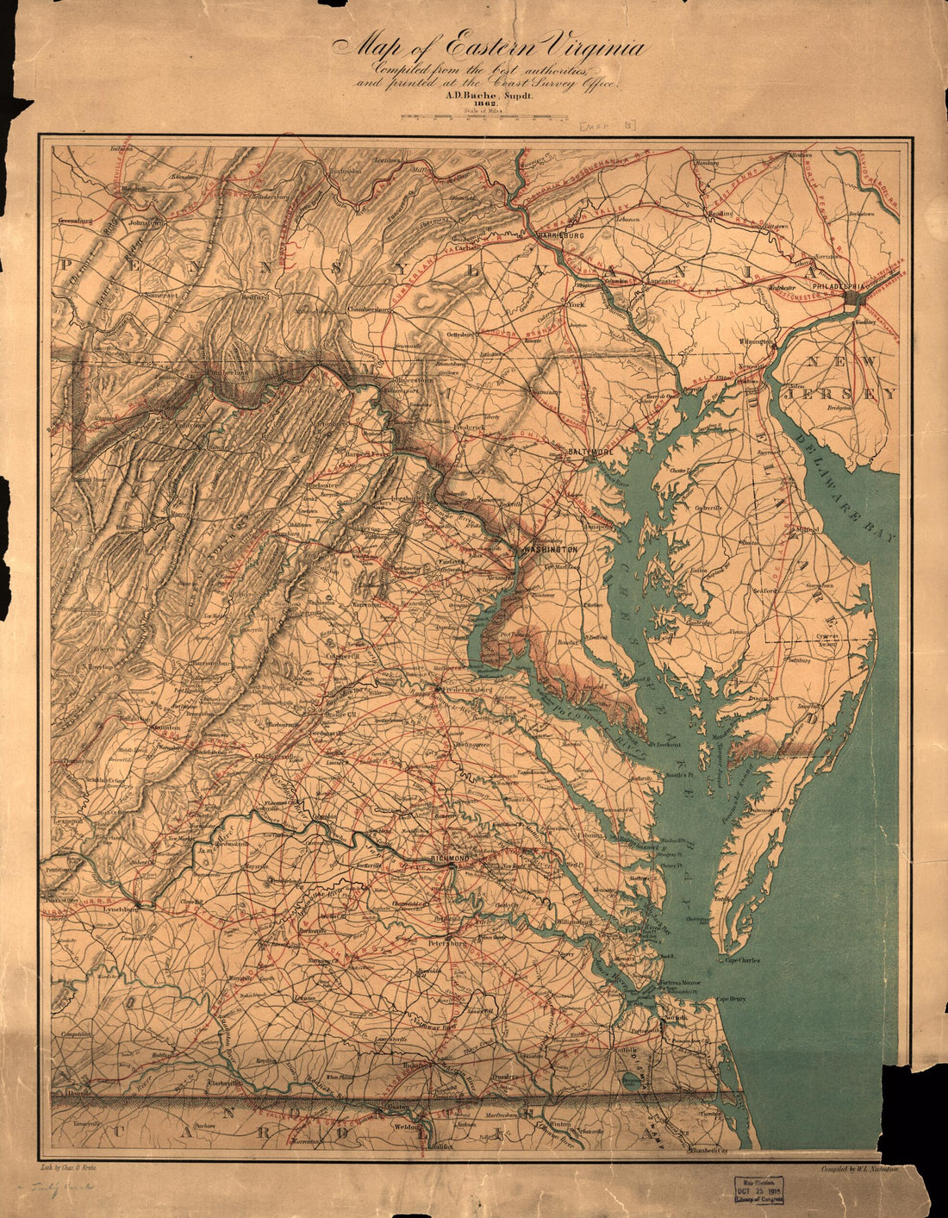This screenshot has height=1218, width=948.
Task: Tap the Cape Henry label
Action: pyautogui.click(x=731, y=999)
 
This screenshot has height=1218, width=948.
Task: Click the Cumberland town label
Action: pyautogui.click(x=226, y=372)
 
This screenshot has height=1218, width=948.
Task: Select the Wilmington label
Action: pyautogui.click(x=755, y=342)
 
